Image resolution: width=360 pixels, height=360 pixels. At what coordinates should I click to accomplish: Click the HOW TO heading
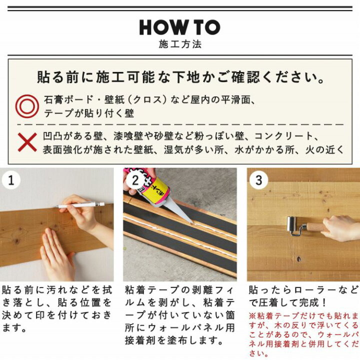pyautogui.click(x=179, y=27)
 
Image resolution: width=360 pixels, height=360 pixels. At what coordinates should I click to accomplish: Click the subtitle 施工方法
pyautogui.click(x=179, y=44)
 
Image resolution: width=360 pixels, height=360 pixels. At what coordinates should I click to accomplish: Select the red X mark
pyautogui.click(x=27, y=142)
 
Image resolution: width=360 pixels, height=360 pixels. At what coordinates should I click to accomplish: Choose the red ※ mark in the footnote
pyautogui.click(x=251, y=316)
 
